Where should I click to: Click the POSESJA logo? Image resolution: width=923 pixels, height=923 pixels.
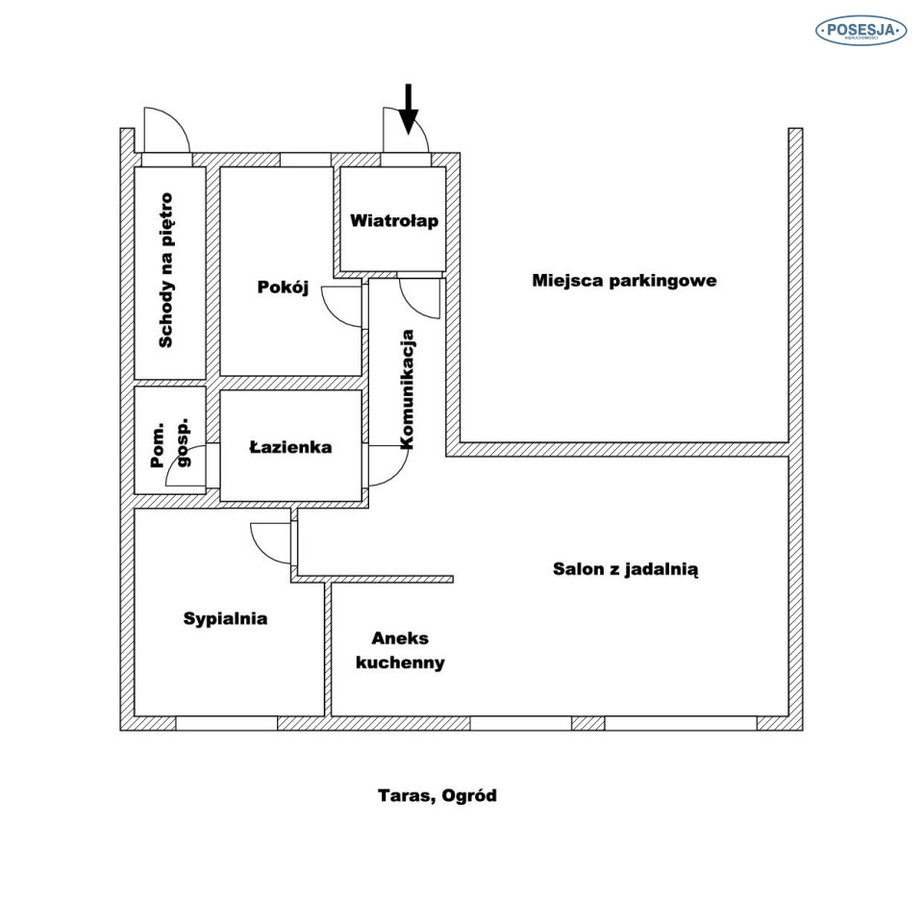(x=861, y=31)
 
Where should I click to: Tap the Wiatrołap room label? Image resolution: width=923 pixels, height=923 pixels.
(x=394, y=221)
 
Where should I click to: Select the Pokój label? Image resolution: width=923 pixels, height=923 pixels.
(x=283, y=287)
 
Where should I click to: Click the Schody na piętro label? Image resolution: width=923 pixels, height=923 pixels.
(x=167, y=270)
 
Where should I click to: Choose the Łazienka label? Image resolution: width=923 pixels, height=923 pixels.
(x=290, y=447)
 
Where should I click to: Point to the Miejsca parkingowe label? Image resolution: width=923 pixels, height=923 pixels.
(x=625, y=281)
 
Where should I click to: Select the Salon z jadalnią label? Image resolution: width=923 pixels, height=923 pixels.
(x=625, y=568)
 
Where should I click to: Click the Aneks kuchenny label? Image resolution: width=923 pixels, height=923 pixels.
(x=400, y=651)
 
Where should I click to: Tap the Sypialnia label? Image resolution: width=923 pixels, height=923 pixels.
(x=225, y=619)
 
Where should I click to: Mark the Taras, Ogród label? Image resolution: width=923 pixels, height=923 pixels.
(x=437, y=796)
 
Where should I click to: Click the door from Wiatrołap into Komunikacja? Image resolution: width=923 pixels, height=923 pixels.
(x=420, y=297)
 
